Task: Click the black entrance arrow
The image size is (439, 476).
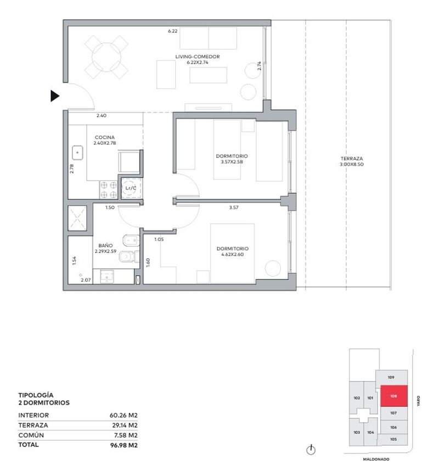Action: click(55, 96)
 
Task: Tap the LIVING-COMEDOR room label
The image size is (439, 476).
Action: click(198, 57)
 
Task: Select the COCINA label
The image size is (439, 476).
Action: click(105, 137)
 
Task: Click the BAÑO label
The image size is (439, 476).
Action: click(105, 245)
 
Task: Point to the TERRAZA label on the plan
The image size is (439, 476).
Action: click(352, 159)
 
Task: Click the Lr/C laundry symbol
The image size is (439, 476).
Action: click(131, 188)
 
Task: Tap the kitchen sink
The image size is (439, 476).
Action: click(77, 153)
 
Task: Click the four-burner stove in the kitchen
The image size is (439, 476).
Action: click(109, 190)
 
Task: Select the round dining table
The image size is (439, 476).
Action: click(106, 57)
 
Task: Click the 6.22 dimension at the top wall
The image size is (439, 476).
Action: click(173, 31)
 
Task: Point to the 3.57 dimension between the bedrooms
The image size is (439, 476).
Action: click(234, 208)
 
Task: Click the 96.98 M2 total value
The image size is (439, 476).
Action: click(124, 445)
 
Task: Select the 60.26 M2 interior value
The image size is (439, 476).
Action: click(123, 415)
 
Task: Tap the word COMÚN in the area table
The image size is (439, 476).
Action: click(31, 435)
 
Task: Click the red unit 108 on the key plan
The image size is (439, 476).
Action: click(394, 396)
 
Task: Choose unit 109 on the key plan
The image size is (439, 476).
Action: click(391, 377)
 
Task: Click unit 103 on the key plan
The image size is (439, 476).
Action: click(357, 432)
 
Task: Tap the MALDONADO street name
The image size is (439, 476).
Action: click(376, 460)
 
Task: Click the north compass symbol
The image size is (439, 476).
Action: click(311, 450)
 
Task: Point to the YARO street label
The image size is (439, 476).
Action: click(418, 401)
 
